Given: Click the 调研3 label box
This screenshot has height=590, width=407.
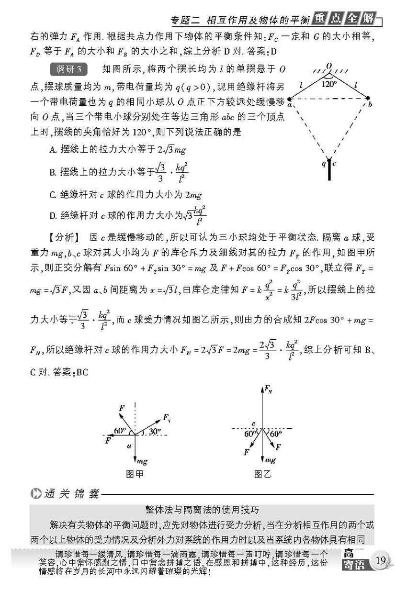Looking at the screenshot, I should click(68, 70).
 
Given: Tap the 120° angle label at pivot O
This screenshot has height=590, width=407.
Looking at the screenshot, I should click(329, 84).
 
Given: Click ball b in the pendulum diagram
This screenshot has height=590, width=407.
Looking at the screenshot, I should click(368, 99).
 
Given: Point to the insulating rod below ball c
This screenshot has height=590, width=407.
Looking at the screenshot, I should click(329, 170).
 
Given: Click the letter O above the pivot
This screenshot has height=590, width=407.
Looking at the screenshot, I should click(329, 66).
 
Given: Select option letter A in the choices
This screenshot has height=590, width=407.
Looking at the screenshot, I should click(53, 149).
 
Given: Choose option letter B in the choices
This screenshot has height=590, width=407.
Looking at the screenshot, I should click(53, 171).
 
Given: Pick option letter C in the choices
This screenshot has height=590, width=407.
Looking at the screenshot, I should click(53, 194).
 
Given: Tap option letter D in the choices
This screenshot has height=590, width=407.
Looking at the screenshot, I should click(53, 216).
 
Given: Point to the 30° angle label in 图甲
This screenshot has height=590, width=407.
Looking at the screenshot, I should click(155, 431).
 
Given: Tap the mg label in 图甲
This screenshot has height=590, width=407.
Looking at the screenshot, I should click(142, 461).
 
